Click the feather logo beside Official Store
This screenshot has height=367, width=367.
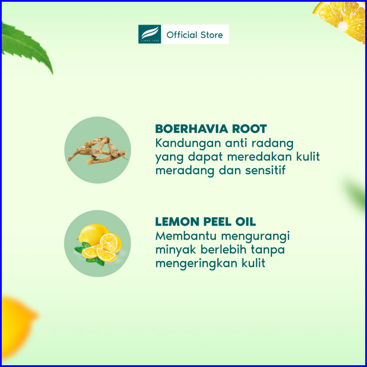coord(149,34)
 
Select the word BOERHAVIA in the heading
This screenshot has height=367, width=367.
coord(191,129)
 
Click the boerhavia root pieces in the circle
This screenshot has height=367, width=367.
coord(98,150)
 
